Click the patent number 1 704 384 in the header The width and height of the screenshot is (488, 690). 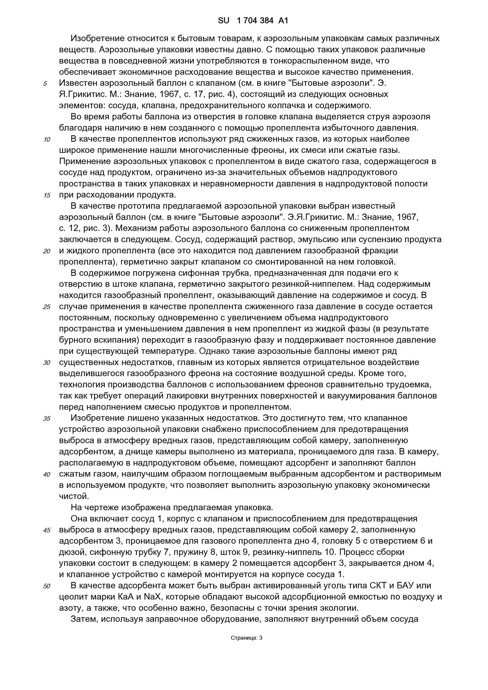[x=255, y=20]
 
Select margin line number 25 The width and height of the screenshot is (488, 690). [x=46, y=307]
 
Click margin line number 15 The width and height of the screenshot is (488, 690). [x=47, y=196]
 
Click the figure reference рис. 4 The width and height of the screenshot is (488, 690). [x=221, y=94]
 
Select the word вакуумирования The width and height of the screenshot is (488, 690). [x=365, y=396]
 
